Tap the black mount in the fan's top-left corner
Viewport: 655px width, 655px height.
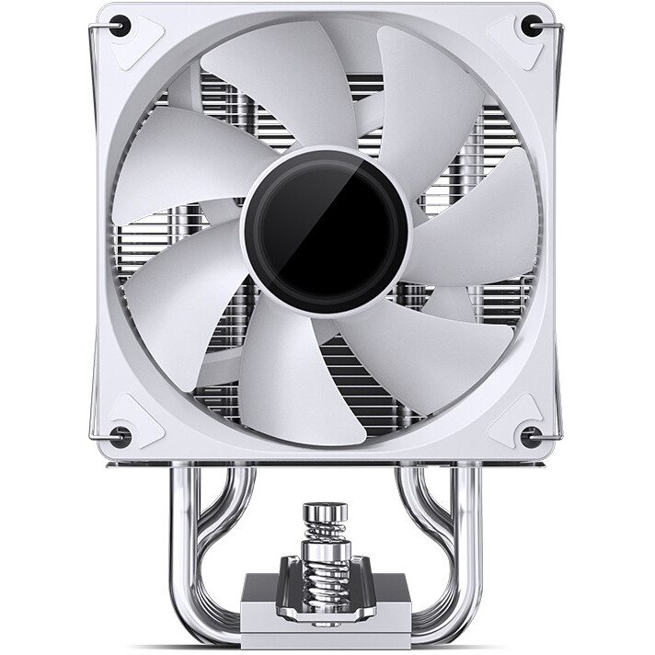(x=121, y=27)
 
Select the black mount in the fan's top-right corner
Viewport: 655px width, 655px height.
(x=531, y=27)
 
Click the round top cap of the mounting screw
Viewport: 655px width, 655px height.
(x=327, y=511)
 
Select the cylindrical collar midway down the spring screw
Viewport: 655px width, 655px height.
(x=327, y=557)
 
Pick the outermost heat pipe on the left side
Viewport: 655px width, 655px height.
(x=178, y=552)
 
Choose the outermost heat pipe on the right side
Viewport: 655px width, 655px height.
(x=476, y=552)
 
